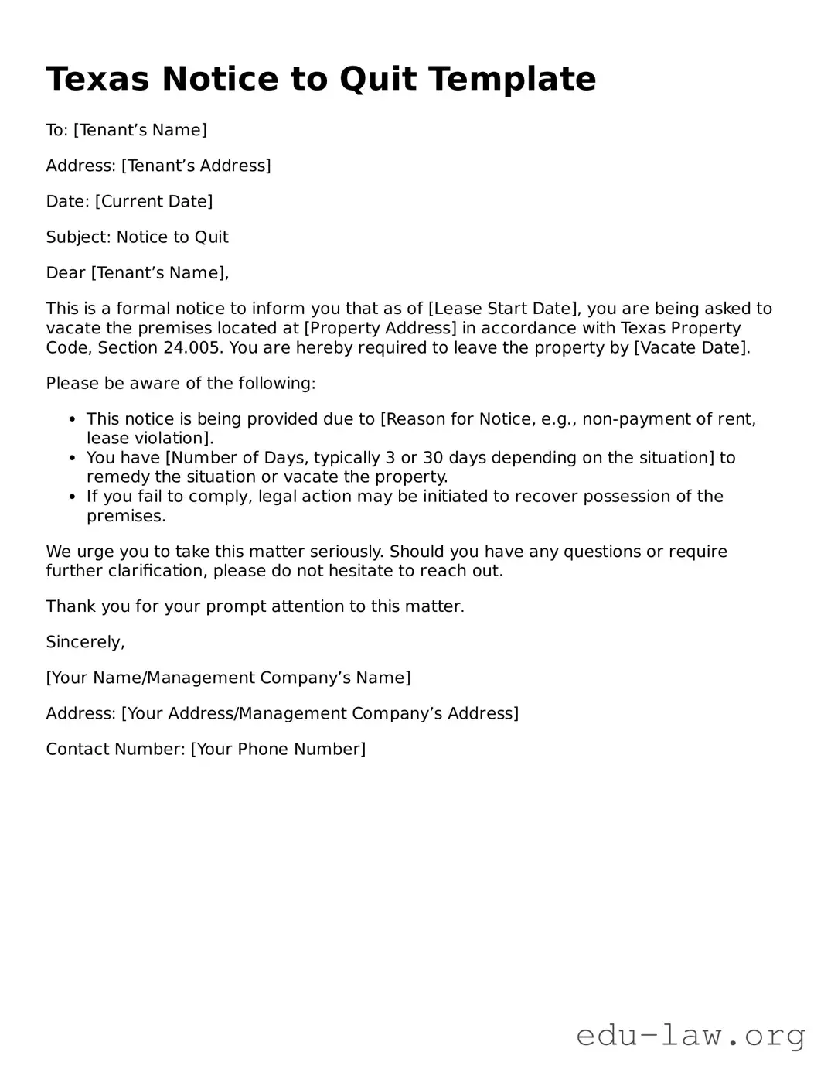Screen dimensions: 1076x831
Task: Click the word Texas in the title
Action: [x=97, y=79]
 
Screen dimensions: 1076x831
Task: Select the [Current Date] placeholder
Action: [x=154, y=202]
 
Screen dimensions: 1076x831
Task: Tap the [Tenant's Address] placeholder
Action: [x=196, y=166]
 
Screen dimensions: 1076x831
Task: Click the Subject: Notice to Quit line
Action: [x=137, y=237]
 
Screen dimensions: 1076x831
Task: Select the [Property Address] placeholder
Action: [x=380, y=328]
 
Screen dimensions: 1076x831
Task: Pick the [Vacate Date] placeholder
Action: [x=692, y=347]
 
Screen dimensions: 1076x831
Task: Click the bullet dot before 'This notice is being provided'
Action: [x=72, y=420]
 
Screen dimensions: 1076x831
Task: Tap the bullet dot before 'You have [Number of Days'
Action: [x=72, y=459]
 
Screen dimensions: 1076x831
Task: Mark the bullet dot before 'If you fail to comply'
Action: [x=72, y=497]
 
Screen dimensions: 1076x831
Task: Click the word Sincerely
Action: [x=85, y=642]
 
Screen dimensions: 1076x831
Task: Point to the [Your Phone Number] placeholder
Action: [x=278, y=749]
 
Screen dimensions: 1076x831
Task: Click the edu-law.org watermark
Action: [x=690, y=1034]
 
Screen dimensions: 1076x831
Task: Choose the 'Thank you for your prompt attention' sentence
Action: [x=255, y=606]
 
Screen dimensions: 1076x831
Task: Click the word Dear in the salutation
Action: [x=66, y=273]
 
